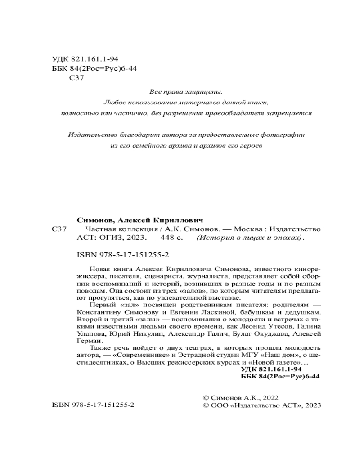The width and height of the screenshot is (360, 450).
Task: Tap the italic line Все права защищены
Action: (186, 92)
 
